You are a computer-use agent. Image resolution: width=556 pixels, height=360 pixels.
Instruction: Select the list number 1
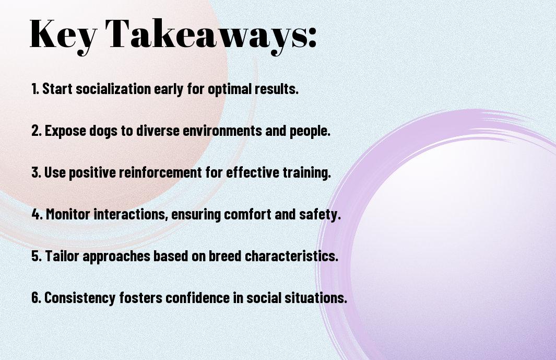pyautogui.click(x=35, y=89)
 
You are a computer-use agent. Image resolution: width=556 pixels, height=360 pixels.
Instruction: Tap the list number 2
pyautogui.click(x=36, y=131)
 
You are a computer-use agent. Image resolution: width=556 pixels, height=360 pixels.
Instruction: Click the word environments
pyautogui.click(x=222, y=131)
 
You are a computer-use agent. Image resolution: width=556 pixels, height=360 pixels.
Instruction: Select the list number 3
pyautogui.click(x=36, y=172)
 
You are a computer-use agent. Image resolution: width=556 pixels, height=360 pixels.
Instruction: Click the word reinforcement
pyautogui.click(x=160, y=172)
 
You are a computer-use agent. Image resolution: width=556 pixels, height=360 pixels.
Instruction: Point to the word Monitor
pyautogui.click(x=68, y=214)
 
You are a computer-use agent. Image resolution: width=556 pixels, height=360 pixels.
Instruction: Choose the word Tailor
pyautogui.click(x=62, y=256)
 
